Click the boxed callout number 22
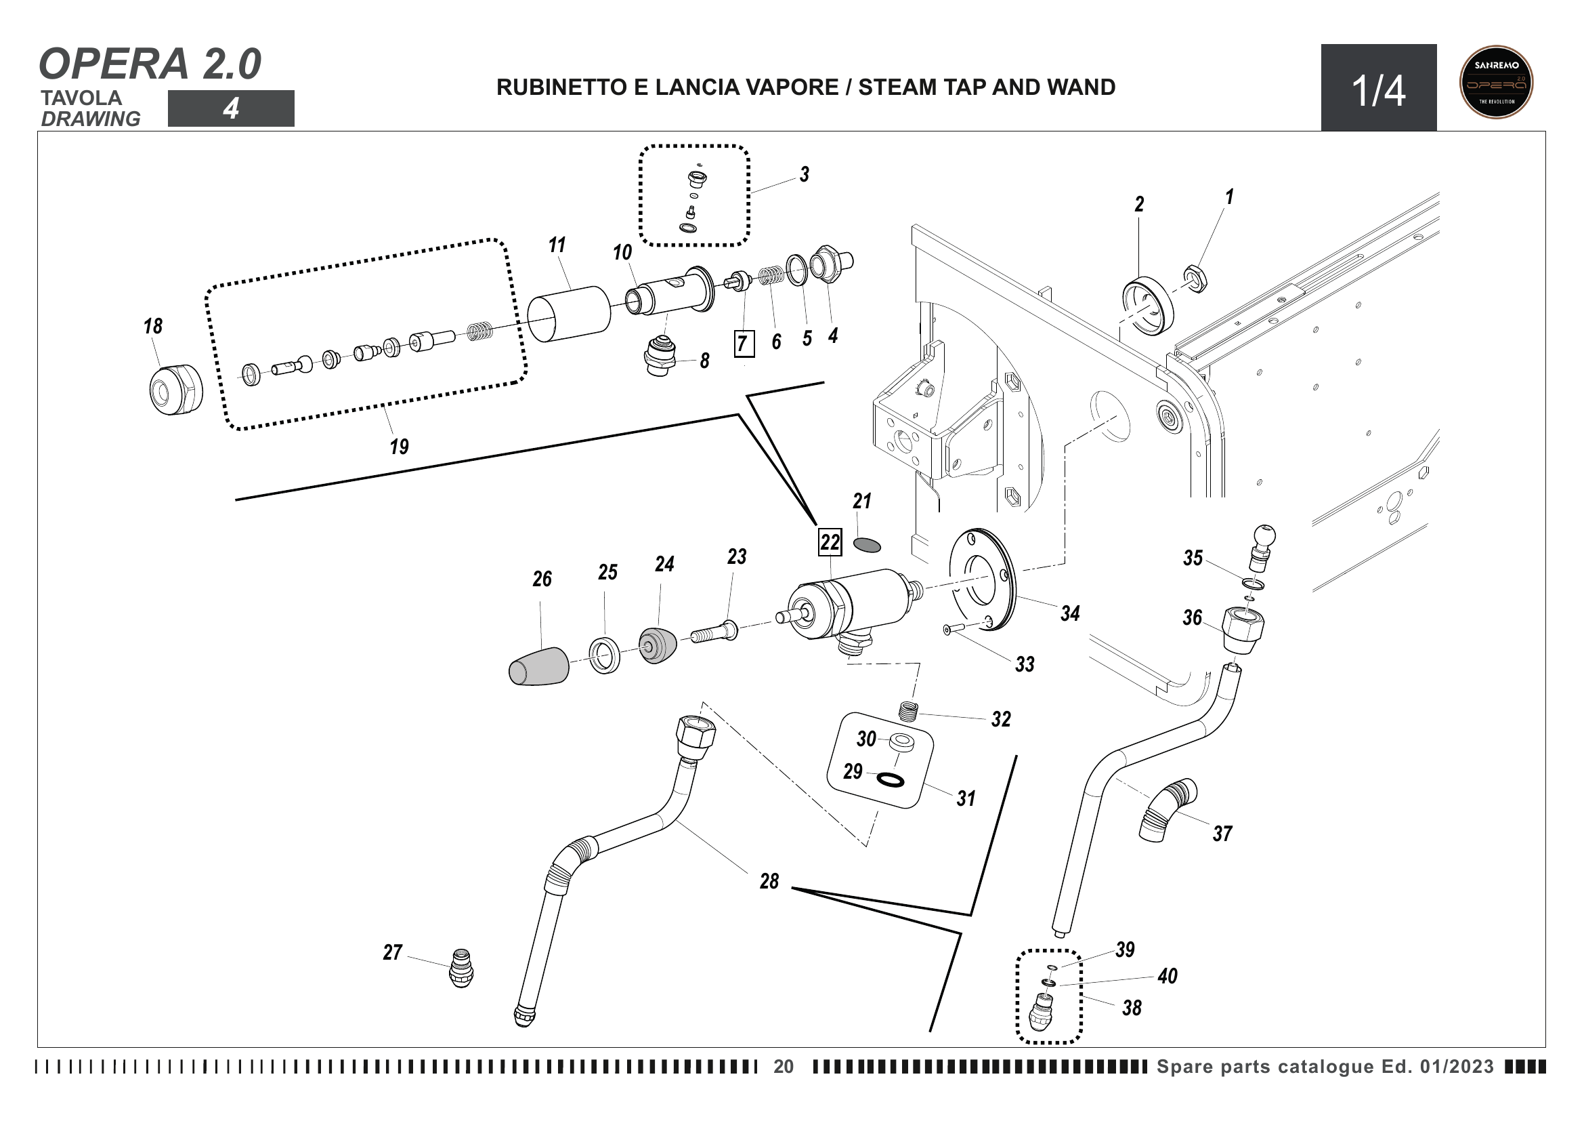pos(830,542)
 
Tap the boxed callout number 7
pos(743,343)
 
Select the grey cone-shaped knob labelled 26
pos(539,667)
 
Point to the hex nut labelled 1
pos(1195,278)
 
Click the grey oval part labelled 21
pos(868,545)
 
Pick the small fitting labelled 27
pos(462,968)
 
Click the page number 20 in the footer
pos(784,1067)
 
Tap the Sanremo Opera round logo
pos(1497,82)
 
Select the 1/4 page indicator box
pos(1378,88)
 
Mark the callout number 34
pos(1070,613)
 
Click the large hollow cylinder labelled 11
pos(569,314)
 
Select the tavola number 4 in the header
pos(231,108)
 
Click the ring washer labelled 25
pos(604,656)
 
